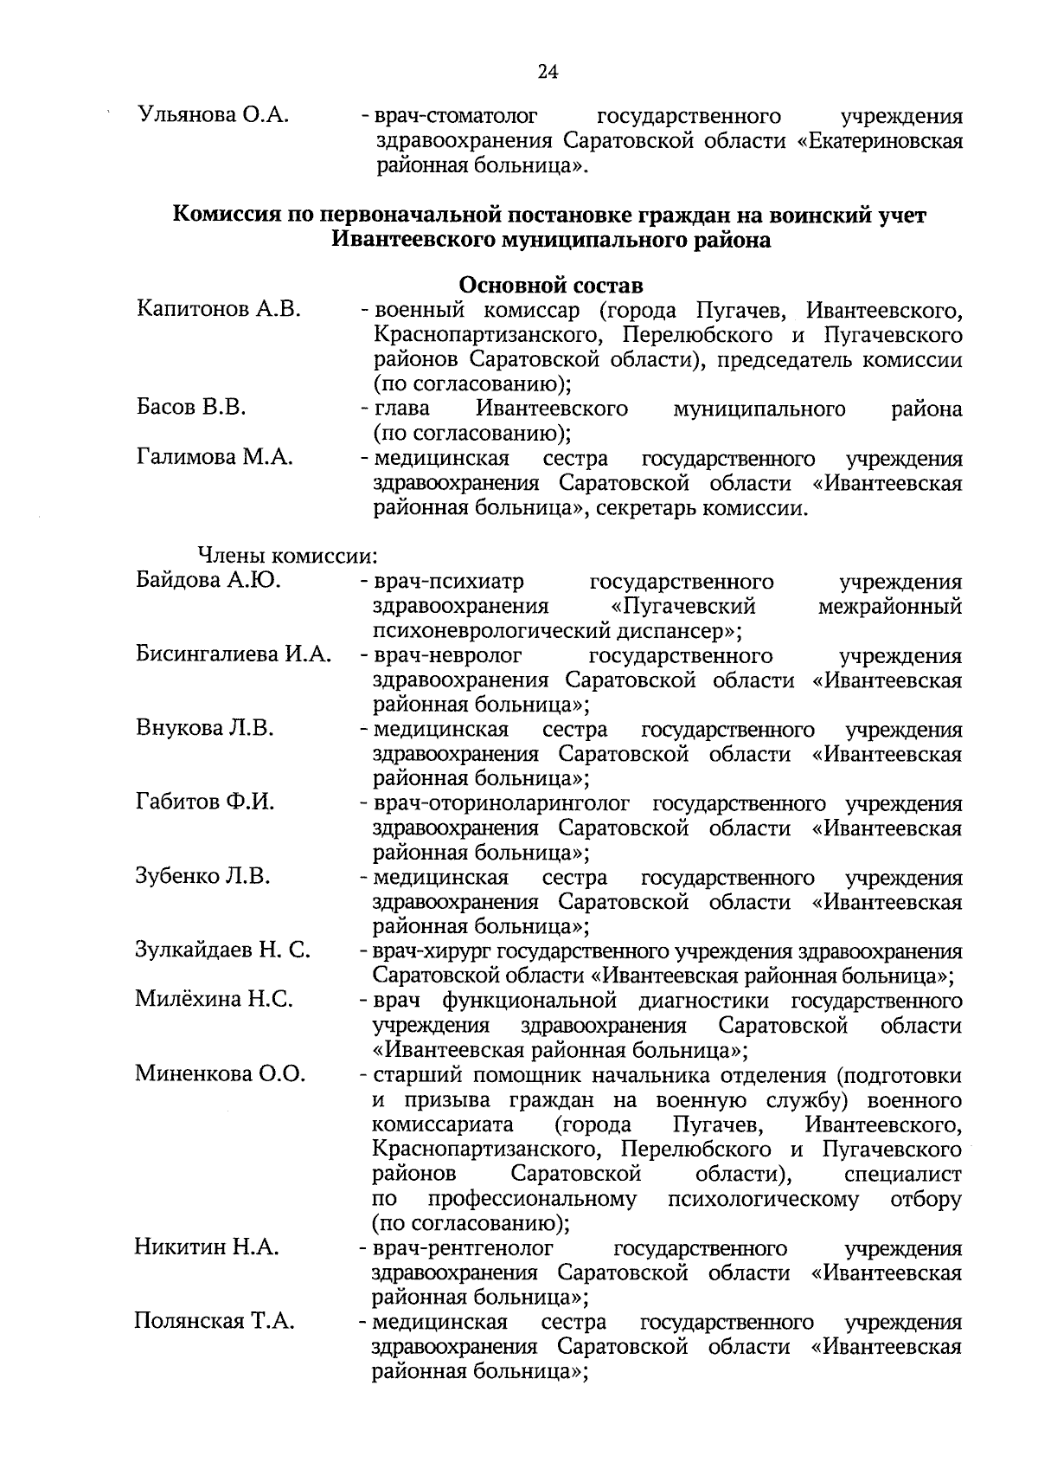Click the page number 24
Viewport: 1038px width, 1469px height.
tap(548, 72)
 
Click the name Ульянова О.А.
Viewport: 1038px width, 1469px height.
tap(213, 116)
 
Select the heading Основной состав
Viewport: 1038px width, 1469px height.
tap(551, 285)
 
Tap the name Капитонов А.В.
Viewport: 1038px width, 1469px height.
tap(219, 310)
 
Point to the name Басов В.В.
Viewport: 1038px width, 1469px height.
tap(191, 408)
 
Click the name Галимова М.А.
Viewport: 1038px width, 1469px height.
tap(215, 457)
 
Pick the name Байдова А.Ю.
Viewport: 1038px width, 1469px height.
tap(208, 581)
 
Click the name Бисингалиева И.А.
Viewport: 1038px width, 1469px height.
tap(234, 654)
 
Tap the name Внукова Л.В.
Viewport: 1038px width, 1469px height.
tap(205, 729)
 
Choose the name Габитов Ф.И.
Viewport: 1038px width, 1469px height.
tap(205, 802)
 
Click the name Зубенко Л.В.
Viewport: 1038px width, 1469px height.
tap(203, 877)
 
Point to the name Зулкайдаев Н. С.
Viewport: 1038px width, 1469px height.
tap(223, 951)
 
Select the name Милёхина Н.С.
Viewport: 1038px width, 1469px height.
tap(214, 1001)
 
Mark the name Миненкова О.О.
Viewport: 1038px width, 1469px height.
tap(221, 1075)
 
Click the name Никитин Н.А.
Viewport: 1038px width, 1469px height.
tap(207, 1247)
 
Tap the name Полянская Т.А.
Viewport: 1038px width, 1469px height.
tap(215, 1322)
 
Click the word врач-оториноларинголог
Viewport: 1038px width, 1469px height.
tap(502, 803)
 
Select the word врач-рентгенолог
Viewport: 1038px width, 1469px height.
tap(463, 1248)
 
